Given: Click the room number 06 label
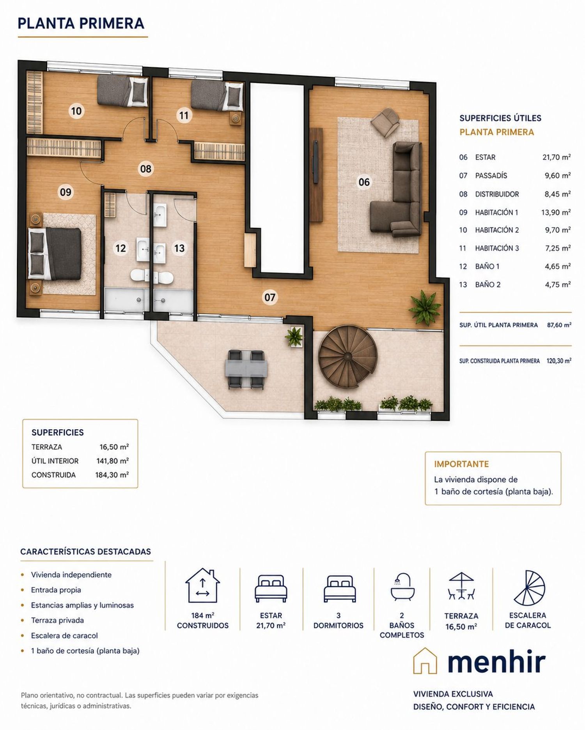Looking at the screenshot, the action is pos(364,182).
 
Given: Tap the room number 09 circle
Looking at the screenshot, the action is pos(66,192).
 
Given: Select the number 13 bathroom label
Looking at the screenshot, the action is pos(179,248).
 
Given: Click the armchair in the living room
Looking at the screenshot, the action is pos(386,122).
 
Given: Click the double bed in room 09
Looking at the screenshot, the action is pos(55,253).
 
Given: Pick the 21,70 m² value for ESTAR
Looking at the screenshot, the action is pos(557,157).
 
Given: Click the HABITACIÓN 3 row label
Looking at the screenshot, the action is pos(497,248).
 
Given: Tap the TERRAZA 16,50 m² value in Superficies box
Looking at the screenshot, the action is pos(114,447).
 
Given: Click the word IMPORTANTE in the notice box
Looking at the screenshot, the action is pos(461,464).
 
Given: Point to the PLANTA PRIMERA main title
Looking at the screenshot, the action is pos(81,23).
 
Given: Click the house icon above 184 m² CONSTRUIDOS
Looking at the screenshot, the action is pos(202,585).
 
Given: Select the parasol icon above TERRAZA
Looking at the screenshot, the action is pos(461,585).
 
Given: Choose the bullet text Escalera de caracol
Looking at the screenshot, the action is pos(64,635).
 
